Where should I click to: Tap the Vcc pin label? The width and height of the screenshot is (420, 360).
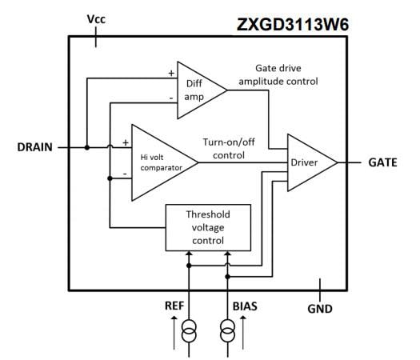[x=96, y=17]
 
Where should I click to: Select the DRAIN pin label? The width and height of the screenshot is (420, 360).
[x=34, y=147]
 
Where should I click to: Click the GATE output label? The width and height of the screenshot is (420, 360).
[x=384, y=162]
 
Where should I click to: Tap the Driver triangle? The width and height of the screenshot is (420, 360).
[x=308, y=162]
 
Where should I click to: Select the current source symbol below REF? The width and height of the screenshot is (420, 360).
[x=189, y=328]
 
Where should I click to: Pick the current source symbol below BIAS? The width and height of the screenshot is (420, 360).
[x=227, y=328]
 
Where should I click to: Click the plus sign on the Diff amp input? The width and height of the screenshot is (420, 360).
[x=171, y=72]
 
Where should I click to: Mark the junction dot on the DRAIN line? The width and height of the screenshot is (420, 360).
[x=86, y=147]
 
